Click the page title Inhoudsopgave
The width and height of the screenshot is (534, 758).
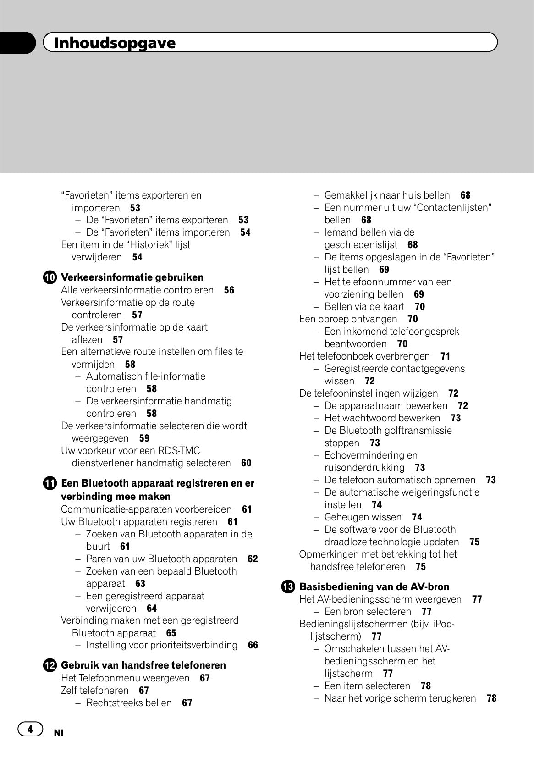coord(115,43)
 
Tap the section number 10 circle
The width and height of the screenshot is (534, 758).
coord(50,277)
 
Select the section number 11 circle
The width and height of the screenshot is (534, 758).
coord(50,483)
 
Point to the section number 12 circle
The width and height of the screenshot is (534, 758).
coord(50,665)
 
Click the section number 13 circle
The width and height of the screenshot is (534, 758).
coord(288,587)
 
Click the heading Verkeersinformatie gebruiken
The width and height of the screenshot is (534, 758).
coord(132,277)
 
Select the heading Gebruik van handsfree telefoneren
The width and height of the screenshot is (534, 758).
coord(143,665)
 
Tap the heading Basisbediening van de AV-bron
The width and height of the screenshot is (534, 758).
coord(374,587)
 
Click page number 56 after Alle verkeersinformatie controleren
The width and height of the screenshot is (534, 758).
coord(229,290)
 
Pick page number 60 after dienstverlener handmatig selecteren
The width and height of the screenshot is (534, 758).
coord(246,463)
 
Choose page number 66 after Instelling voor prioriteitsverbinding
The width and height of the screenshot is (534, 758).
coord(253,645)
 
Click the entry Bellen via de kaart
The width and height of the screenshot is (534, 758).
coord(364,307)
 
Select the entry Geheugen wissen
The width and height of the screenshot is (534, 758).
coord(363,517)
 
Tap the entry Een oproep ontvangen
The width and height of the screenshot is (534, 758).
coord(348,319)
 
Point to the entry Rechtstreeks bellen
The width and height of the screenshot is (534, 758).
coord(129,703)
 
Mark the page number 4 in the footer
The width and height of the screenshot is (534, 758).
coord(30,729)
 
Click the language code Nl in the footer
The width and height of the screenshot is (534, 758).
coord(58,733)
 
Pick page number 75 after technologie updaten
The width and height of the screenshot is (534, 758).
coord(474,542)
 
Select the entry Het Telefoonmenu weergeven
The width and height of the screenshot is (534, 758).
coord(125,678)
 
